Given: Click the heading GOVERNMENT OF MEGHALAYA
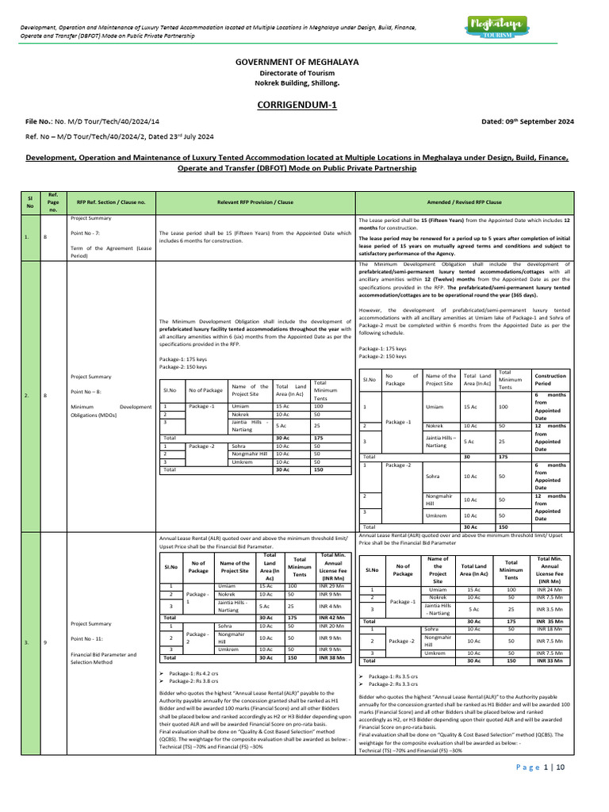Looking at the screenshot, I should (304, 61).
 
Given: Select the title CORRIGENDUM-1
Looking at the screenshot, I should (304, 105).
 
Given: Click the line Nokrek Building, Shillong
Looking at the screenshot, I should (304, 82).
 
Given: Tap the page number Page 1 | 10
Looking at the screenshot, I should (541, 767).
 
